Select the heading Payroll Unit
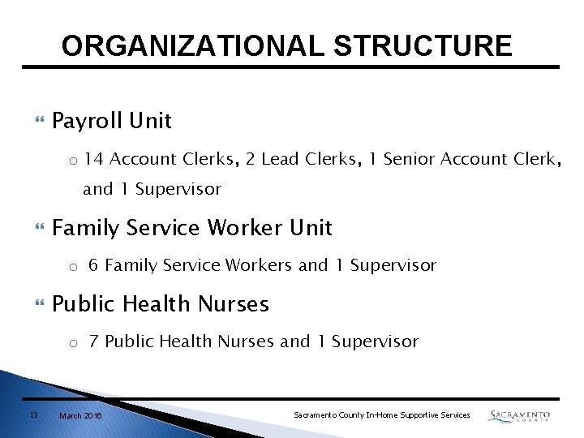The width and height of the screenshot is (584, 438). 111,121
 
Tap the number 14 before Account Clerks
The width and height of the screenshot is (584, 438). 93,159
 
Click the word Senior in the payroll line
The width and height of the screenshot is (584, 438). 409,159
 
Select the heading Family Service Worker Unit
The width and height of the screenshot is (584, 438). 191,228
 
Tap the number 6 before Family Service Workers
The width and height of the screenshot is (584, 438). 94,265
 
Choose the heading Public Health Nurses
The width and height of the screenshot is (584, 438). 160,304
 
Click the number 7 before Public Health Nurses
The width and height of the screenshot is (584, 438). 94,341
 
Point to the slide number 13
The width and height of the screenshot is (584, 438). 33,414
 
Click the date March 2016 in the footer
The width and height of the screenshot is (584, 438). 80,415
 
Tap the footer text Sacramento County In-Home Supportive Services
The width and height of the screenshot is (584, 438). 381,415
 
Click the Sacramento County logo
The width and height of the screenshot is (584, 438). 519,415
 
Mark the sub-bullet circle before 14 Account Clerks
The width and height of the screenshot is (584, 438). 72,160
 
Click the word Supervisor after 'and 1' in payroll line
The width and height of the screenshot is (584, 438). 178,189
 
